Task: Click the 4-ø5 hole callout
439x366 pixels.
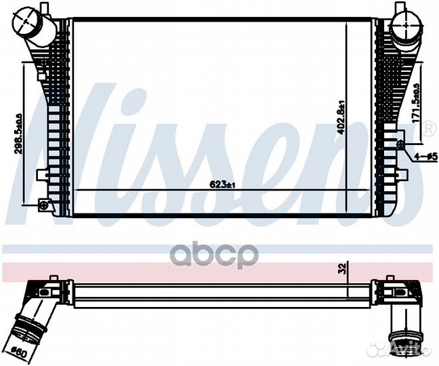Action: tap(424, 156)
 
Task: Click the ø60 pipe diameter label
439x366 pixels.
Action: tap(20, 352)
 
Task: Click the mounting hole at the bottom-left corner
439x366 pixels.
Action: tap(44, 204)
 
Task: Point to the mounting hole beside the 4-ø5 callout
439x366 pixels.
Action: tap(400, 144)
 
